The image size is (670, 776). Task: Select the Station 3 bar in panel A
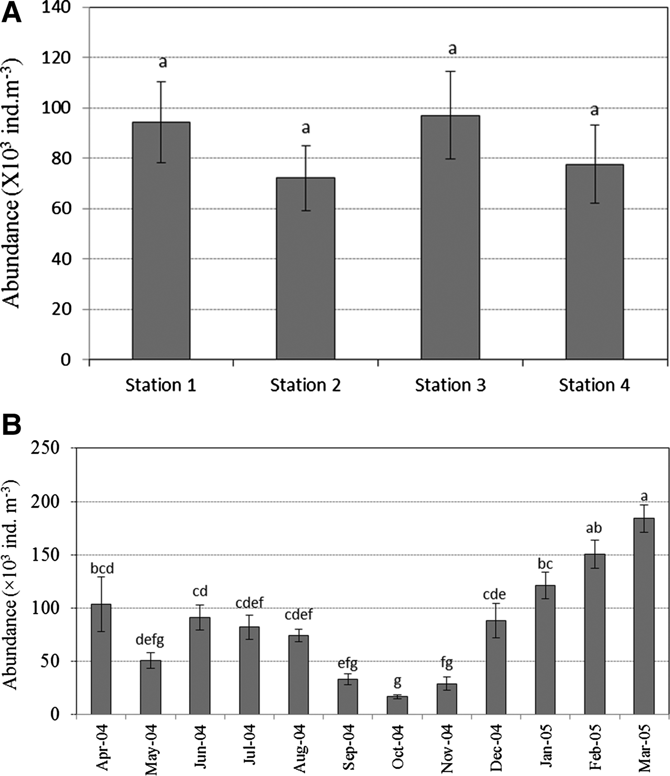(x=450, y=237)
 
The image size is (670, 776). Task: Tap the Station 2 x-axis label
(x=305, y=385)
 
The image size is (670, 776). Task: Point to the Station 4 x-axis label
(x=594, y=385)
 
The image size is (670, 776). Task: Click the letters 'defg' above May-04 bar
(x=150, y=639)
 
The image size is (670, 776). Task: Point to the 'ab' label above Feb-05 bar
(x=594, y=528)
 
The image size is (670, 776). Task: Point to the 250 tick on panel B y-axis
(x=46, y=448)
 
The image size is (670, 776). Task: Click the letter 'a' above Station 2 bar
(x=305, y=128)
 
